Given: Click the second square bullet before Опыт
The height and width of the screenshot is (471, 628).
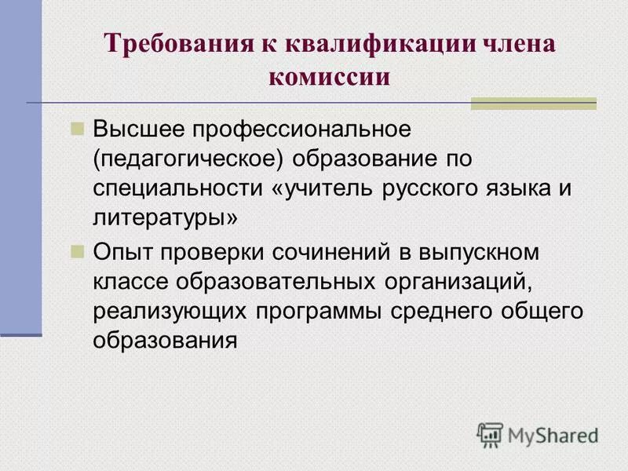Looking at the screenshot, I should point(77,252).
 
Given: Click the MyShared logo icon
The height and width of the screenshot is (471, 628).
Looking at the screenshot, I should point(490,434).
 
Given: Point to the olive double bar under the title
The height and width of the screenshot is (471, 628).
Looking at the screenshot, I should point(533,104).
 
